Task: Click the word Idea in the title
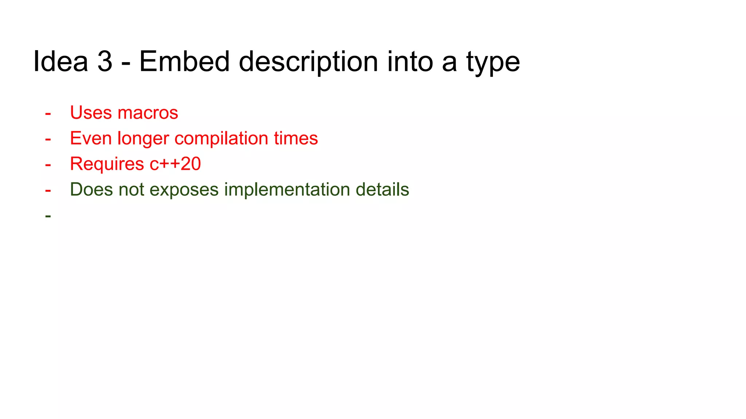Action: click(x=60, y=61)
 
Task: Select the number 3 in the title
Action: click(x=105, y=61)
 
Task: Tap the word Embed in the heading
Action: click(x=184, y=61)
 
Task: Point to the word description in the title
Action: click(x=308, y=61)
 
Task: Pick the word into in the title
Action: click(x=410, y=61)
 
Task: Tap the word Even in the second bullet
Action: click(x=91, y=139)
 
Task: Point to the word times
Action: click(x=296, y=139)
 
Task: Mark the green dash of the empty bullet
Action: click(x=48, y=216)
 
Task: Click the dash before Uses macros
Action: click(x=48, y=113)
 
